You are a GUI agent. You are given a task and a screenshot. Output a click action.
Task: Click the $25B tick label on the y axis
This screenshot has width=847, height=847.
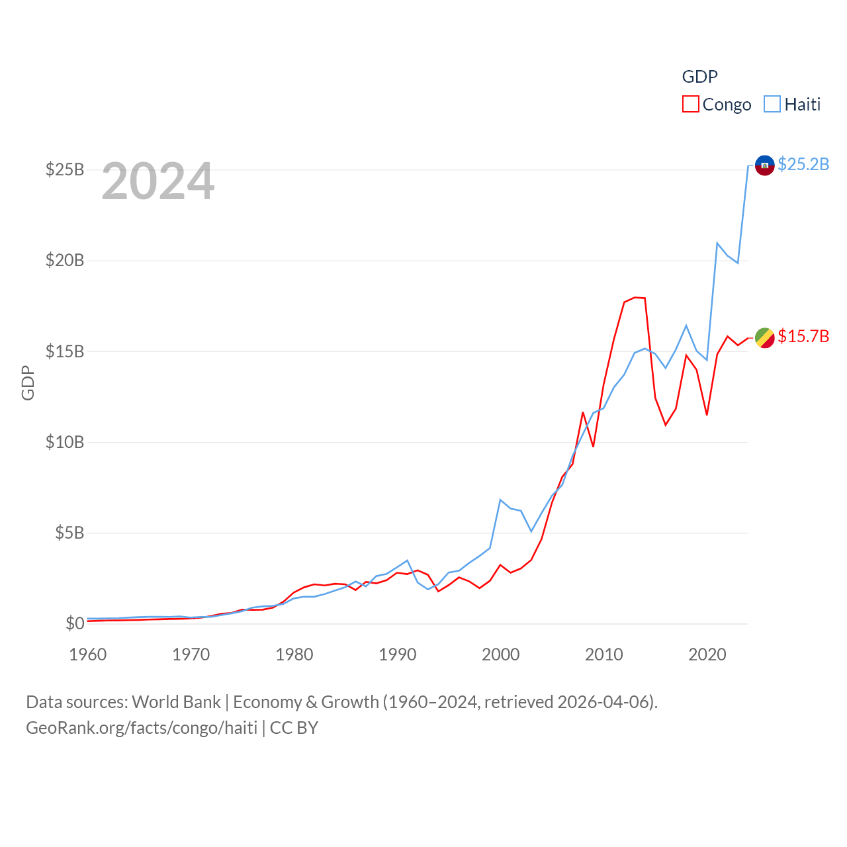point(65,170)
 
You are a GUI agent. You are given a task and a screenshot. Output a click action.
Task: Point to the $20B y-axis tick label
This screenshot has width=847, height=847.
point(65,261)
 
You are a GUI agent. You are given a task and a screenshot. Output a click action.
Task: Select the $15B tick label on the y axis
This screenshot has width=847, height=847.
point(65,351)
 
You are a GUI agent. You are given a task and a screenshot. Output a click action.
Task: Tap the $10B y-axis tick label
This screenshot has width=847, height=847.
point(65,442)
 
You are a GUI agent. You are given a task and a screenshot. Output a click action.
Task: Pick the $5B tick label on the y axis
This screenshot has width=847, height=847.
point(69,533)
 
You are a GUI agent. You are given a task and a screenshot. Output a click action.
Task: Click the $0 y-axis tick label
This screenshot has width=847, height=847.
point(75,623)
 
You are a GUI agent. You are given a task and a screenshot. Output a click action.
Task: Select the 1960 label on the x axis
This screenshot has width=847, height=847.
point(88,654)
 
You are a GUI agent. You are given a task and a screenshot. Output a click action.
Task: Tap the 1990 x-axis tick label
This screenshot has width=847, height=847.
point(398,654)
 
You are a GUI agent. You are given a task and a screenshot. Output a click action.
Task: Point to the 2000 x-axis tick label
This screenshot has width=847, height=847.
point(501,654)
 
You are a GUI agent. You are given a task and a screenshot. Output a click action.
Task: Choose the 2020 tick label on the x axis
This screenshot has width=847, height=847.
point(707,654)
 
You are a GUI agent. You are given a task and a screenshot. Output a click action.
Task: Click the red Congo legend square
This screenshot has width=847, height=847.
point(691,105)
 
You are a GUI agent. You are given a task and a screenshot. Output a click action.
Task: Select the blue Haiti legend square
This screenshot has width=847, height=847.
point(772,105)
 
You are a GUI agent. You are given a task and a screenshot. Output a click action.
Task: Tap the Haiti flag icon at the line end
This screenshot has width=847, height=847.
point(765,165)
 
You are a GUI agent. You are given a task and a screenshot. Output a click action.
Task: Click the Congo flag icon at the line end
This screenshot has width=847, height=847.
point(765,337)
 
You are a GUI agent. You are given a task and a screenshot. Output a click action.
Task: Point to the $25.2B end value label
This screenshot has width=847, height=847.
point(803,164)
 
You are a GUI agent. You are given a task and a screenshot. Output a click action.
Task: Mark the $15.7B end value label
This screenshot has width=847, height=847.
point(803,336)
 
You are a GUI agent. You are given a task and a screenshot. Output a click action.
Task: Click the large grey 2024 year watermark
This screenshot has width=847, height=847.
point(158,181)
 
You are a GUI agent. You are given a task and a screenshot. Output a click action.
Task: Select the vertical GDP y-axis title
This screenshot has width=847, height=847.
point(28,382)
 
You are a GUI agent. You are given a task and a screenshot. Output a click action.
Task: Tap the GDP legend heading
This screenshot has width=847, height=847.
point(699,77)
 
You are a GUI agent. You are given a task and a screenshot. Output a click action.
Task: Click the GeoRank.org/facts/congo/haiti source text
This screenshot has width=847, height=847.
point(142,728)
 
